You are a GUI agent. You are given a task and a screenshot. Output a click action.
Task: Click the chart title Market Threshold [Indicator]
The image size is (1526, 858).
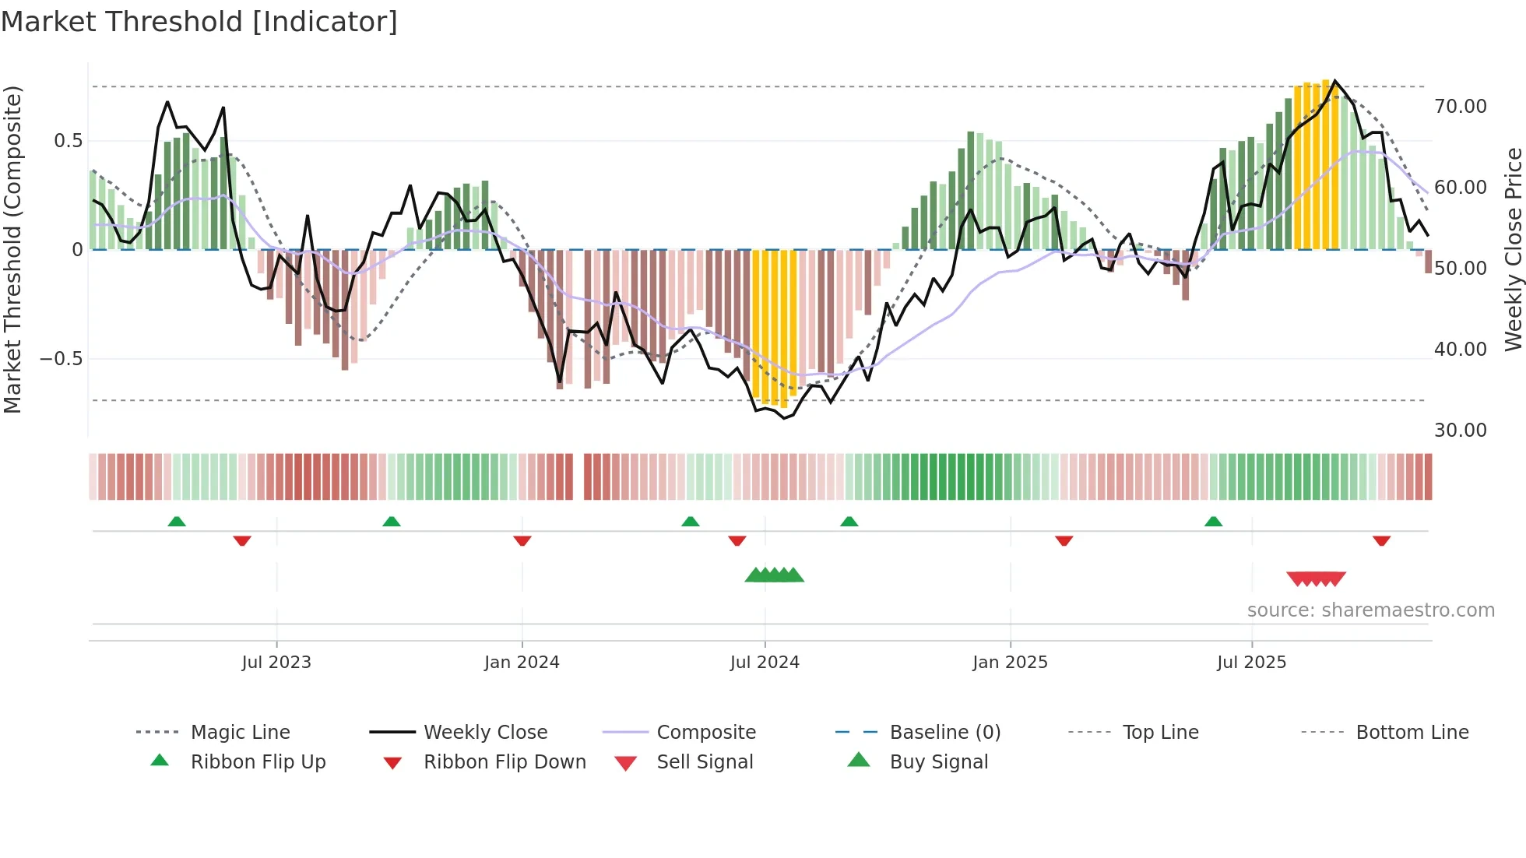[199, 22]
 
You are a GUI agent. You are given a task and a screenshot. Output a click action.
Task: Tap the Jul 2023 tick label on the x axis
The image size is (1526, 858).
[276, 663]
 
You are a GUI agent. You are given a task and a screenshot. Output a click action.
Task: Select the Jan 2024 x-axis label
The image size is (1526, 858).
[522, 663]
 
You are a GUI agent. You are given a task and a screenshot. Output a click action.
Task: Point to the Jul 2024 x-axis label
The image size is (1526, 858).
[765, 663]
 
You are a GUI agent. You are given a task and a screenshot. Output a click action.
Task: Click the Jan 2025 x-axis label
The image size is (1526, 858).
[1010, 663]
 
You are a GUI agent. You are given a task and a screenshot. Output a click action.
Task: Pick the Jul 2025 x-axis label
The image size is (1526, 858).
[1252, 663]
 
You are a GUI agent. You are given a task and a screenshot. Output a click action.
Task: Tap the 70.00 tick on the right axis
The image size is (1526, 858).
[1460, 107]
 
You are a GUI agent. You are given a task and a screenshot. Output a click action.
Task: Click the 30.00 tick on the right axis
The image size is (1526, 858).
[1460, 431]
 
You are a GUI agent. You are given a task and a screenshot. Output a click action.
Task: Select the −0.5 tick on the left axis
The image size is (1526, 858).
[62, 359]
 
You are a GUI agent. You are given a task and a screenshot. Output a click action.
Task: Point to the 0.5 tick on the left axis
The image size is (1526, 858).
[68, 141]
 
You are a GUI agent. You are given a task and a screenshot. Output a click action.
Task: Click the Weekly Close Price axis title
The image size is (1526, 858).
[1513, 249]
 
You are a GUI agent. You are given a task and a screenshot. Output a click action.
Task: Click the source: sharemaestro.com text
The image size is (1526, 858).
[1370, 610]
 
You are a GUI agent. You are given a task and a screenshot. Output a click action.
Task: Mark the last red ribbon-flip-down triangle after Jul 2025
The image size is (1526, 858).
[1382, 540]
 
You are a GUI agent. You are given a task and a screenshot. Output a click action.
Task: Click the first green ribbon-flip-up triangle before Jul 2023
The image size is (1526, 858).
[177, 522]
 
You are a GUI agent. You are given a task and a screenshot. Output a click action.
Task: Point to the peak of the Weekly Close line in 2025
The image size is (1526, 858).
[1335, 81]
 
